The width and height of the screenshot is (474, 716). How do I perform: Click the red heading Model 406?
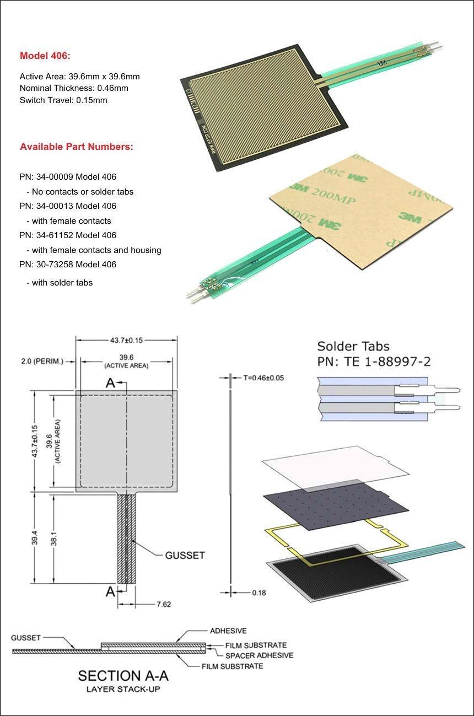pos(45,56)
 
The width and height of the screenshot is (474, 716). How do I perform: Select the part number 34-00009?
pos(55,177)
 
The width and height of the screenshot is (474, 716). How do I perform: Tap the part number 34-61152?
pos(55,235)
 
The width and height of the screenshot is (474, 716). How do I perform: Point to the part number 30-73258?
pos(55,265)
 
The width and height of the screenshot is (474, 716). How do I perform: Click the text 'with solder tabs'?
pos(62,283)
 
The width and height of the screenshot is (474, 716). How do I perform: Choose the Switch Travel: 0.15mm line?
pos(63,100)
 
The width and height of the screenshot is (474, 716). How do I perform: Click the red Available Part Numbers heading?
pos(77,147)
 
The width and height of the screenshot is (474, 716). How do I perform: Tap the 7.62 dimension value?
pos(164,604)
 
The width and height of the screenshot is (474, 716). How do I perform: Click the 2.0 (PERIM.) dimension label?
pos(42,362)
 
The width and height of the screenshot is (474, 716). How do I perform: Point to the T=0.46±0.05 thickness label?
pos(263,378)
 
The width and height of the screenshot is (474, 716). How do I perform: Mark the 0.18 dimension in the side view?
pos(259,593)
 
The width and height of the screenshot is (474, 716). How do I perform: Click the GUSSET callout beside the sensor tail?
pos(185,556)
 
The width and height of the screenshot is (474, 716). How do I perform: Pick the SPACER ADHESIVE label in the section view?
pos(259,655)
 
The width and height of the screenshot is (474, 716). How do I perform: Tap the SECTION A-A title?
pos(123,676)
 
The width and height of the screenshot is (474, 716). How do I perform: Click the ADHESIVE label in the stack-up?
pos(228,631)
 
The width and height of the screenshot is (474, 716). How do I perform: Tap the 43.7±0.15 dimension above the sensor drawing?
pos(127,340)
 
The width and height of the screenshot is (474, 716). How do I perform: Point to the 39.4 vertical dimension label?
pos(35,537)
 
